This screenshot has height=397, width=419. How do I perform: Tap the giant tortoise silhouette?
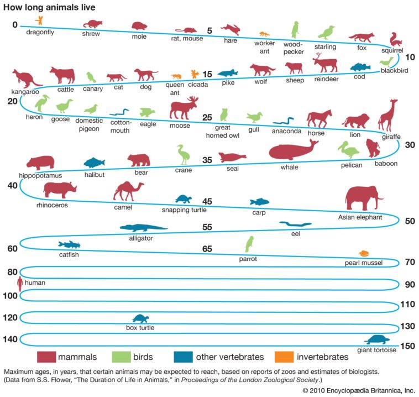tap(378, 339)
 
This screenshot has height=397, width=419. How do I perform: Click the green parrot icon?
tap(249, 244)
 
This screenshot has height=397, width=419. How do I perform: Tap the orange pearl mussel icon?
tap(364, 253)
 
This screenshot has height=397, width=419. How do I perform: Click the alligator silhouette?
tap(143, 228)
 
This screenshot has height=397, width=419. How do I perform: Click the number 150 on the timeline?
tap(407, 346)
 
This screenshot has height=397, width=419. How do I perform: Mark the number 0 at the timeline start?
tap(15, 25)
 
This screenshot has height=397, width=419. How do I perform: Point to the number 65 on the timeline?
tap(207, 249)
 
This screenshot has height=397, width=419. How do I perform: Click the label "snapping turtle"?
tap(184, 210)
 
